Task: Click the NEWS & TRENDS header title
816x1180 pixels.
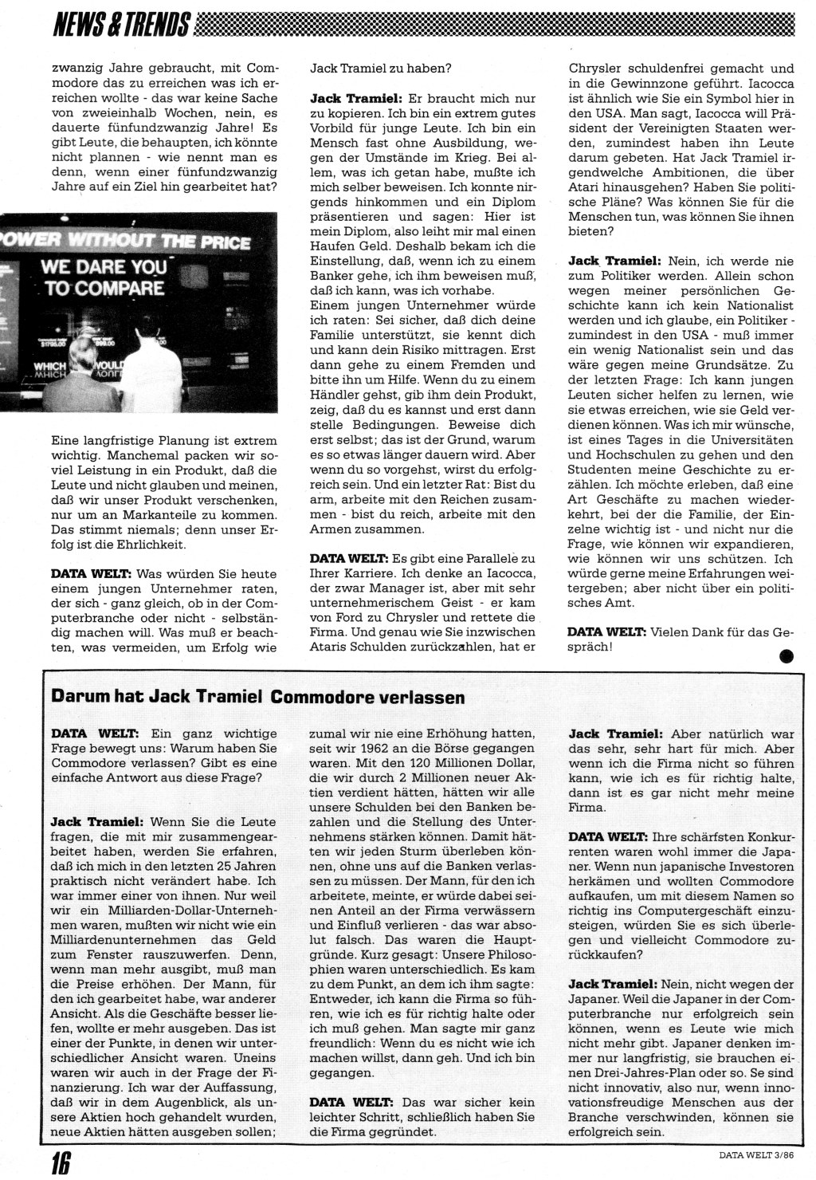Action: (x=120, y=25)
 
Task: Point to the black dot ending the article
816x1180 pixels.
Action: (x=787, y=657)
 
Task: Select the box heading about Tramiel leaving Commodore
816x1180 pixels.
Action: (x=258, y=696)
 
